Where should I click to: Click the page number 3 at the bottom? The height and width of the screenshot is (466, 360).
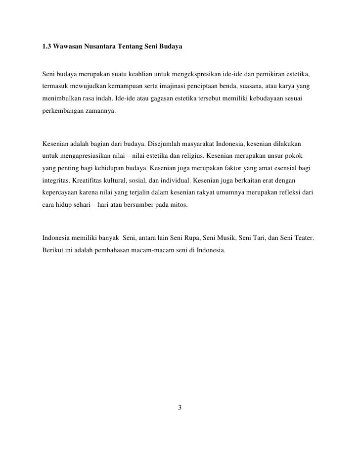point(180,408)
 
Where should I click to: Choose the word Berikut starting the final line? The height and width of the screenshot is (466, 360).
point(52,250)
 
